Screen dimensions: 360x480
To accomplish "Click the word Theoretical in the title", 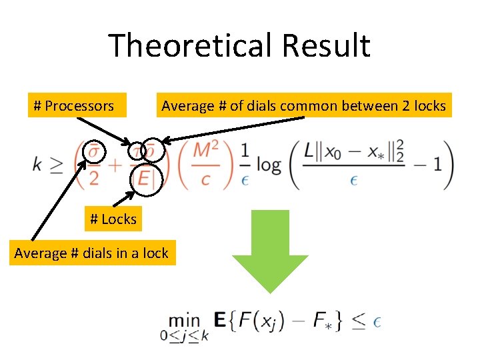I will coord(190,46).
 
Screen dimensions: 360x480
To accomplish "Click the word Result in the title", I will coord(326,46).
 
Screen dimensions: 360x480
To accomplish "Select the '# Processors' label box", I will coord(73,105).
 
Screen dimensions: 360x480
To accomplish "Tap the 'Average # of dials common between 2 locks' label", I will coord(303,105).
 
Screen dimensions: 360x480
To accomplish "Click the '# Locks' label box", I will coord(113,219).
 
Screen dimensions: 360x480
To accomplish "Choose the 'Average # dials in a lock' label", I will coord(92,253).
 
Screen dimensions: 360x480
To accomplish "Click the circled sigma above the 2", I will coord(95,152).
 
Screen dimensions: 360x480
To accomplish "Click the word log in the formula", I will coord(268,165).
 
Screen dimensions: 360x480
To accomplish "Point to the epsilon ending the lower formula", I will coord(377,322).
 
